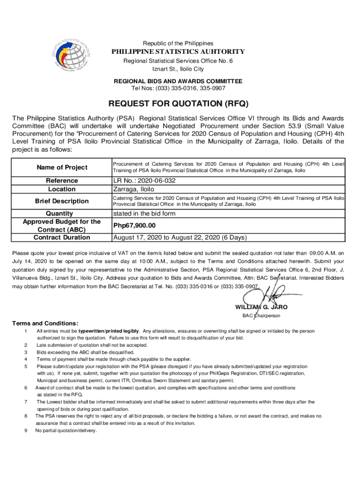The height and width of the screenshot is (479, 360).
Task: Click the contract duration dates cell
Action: point(180,238)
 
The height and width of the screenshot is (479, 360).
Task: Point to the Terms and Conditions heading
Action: point(45,324)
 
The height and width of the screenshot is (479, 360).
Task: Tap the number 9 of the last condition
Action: point(25,431)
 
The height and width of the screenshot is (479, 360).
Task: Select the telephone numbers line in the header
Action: point(178,88)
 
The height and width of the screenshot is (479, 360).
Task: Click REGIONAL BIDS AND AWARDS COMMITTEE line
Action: point(178,81)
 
